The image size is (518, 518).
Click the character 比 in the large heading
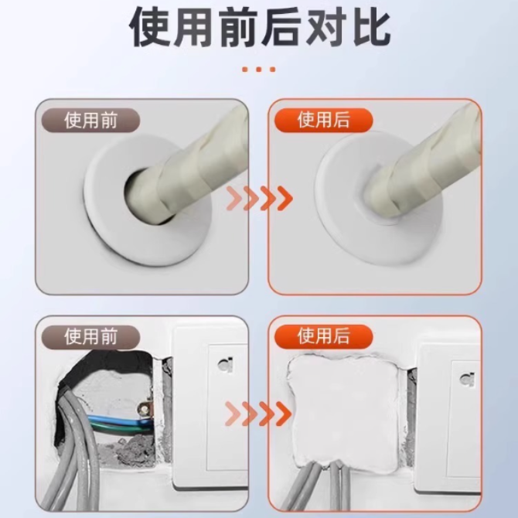[371, 26]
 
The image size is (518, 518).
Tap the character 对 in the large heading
[326, 26]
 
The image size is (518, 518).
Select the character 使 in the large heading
[150, 26]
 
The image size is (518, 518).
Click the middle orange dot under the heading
[259, 70]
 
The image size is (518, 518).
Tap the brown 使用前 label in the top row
[90, 121]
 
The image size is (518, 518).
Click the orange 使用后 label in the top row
[323, 120]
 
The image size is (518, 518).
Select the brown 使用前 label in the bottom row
[90, 337]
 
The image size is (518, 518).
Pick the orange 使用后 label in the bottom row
[323, 336]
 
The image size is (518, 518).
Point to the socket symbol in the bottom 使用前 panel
[225, 365]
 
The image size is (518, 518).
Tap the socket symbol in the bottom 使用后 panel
[467, 380]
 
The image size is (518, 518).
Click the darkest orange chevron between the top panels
[284, 198]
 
